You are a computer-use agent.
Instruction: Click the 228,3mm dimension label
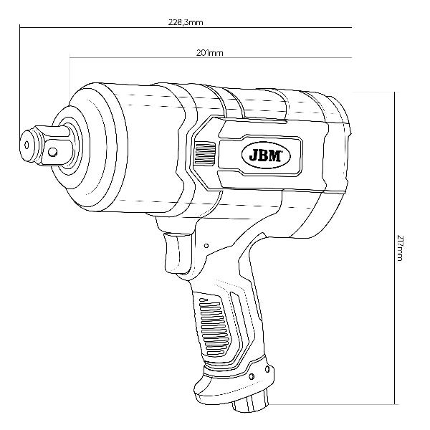pos(186,22)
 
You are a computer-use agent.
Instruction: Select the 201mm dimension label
pos(210,52)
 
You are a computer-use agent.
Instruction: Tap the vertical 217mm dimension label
pos(400,248)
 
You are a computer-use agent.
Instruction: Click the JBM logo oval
pos(266,156)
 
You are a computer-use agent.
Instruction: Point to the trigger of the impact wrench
pos(176,252)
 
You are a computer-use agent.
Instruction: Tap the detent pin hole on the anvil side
pos(52,152)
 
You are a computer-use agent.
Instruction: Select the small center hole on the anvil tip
pos(27,145)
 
